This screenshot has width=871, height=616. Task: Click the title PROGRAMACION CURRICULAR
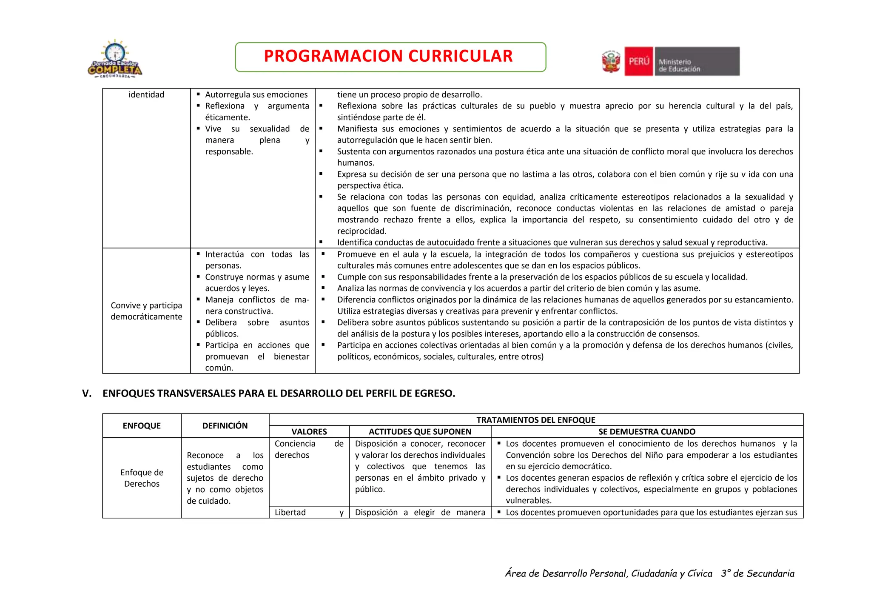coord(388,57)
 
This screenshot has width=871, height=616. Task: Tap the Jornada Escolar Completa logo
coord(115,60)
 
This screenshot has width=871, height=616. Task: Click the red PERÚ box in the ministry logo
coord(638,62)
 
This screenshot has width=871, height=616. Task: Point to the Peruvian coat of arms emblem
coord(611,62)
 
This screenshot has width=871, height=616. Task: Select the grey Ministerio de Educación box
coord(697,62)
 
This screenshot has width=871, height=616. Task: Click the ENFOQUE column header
coord(142,426)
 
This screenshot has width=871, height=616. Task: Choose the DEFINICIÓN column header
coord(225,426)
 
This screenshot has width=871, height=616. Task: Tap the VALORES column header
coord(309,432)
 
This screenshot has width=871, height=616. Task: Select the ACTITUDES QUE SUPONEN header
coord(420,432)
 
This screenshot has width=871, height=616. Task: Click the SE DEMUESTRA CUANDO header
coord(646,432)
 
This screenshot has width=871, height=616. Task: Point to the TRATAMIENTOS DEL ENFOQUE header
coord(535,420)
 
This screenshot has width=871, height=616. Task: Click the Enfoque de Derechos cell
coord(142,478)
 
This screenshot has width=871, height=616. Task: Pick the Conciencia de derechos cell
coord(309,449)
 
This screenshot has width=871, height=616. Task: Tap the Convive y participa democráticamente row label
coord(146,311)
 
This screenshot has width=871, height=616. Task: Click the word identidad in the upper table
coord(146,95)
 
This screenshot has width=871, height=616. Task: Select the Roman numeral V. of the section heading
coord(87,394)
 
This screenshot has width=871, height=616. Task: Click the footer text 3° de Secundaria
coord(757,574)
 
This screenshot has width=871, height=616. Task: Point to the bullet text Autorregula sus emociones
coord(256,95)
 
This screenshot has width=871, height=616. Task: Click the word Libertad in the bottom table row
coord(290,513)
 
